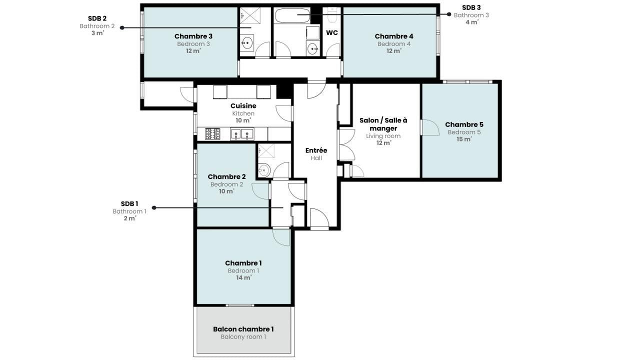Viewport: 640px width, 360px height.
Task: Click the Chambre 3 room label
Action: [193, 36]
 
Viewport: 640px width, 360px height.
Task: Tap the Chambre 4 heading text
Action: [393, 36]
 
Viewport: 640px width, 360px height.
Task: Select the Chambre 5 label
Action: [464, 124]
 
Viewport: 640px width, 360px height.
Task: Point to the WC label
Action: [331, 33]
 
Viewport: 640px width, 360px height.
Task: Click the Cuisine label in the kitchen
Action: [243, 105]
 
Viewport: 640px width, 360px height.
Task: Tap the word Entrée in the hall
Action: [316, 150]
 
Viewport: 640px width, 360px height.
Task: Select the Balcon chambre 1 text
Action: [243, 329]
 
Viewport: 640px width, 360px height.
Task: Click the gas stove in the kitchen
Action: [212, 133]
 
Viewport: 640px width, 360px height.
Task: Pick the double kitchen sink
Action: [242, 134]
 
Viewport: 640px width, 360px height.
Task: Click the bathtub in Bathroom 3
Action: [292, 15]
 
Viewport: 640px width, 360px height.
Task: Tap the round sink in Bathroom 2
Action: [246, 43]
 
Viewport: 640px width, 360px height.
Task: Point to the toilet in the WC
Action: [331, 15]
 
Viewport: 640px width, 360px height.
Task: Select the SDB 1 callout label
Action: [129, 203]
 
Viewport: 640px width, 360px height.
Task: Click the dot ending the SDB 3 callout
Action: [449, 14]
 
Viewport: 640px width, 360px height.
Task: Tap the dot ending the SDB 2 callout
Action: [122, 27]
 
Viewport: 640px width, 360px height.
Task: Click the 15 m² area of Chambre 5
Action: [464, 139]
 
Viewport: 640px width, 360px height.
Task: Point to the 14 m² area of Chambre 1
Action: [243, 277]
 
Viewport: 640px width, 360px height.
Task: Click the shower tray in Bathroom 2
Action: [250, 15]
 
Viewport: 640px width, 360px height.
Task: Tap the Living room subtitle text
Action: [383, 136]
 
